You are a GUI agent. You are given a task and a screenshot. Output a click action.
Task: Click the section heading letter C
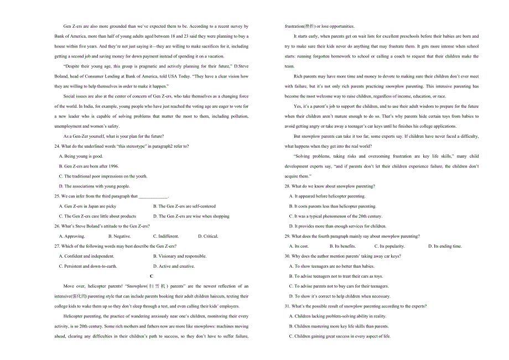pyautogui.click(x=152, y=276)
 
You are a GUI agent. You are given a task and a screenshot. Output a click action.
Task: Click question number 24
pyautogui.click(x=57, y=146)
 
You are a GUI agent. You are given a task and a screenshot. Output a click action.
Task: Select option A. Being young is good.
pyautogui.click(x=81, y=156)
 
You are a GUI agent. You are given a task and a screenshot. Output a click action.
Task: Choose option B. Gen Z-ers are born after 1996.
pyautogui.click(x=89, y=166)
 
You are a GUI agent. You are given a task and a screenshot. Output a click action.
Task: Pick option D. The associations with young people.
pyautogui.click(x=94, y=186)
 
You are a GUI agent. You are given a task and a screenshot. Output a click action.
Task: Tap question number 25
pyautogui.click(x=57, y=196)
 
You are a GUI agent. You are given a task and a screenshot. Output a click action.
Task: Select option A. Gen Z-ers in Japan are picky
pyautogui.click(x=87, y=206)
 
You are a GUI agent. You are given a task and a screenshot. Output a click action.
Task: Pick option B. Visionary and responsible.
pyautogui.click(x=180, y=256)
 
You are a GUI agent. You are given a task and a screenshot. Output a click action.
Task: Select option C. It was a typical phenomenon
pyautogui.click(x=335, y=216)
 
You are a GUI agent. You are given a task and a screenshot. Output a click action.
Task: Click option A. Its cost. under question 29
pyautogui.click(x=299, y=246)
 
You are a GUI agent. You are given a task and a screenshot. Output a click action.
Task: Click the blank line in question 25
pyautogui.click(x=153, y=196)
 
